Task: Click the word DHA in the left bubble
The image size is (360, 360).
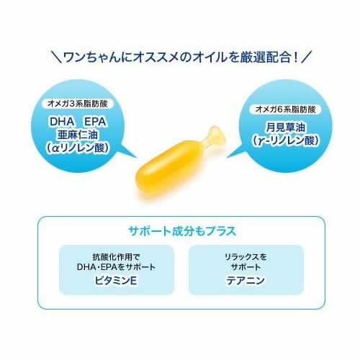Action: coord(62,122)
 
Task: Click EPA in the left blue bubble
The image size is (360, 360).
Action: coord(95,122)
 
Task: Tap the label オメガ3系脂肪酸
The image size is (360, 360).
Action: coord(77,104)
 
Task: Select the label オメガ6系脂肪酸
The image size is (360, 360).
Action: coord(285,109)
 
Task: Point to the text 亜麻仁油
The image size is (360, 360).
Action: coord(77,135)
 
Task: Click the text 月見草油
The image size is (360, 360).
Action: coord(285,127)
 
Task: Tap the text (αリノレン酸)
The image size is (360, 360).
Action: coord(77,148)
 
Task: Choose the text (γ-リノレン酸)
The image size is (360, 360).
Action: coord(285,140)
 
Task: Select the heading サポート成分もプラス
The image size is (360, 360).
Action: coord(182,231)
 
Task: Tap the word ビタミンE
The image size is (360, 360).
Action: coord(116,280)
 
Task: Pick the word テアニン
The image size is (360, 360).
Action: coord(246,280)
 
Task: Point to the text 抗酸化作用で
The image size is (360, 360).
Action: coord(116,257)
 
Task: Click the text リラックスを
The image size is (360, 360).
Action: coord(246,257)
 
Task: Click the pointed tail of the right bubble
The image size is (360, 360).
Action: coord(227,157)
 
